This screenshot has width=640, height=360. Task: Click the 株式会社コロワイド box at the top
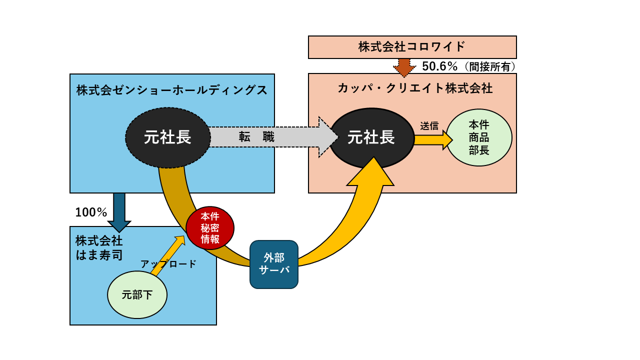tap(412, 47)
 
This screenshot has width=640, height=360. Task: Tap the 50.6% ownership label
tap(439, 66)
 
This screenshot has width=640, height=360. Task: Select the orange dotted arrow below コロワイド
tap(404, 66)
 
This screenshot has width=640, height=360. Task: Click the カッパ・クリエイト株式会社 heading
tap(415, 88)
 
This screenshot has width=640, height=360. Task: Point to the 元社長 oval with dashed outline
tap(167, 137)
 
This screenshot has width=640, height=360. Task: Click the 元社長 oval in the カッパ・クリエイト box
tap(371, 137)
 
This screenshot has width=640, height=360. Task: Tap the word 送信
tap(429, 126)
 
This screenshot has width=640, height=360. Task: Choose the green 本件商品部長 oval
tap(479, 137)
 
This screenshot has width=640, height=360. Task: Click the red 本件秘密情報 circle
tap(210, 227)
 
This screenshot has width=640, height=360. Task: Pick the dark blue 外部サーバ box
tap(274, 264)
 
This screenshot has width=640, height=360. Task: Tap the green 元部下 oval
tap(137, 295)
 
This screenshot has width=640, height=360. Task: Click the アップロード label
tap(168, 264)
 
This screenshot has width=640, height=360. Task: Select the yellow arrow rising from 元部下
tap(168, 255)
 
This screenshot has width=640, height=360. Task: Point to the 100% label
tap(91, 212)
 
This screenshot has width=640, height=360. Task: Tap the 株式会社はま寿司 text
tap(99, 247)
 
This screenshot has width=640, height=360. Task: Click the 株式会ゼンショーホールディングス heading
tap(172, 90)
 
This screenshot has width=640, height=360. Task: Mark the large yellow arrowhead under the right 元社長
tap(370, 172)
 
